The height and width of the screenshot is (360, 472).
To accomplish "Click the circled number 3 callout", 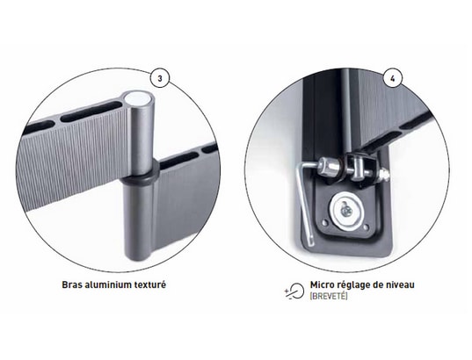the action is (160, 78).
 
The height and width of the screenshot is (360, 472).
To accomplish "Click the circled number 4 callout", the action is (392, 78).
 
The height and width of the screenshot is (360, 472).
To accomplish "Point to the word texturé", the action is (149, 284).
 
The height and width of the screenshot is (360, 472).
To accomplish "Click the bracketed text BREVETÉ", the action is (329, 296).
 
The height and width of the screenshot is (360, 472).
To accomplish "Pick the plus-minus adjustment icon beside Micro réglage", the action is (294, 291).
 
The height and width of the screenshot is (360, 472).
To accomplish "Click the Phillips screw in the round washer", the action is (347, 212).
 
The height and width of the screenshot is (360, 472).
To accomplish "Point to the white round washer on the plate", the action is (347, 212).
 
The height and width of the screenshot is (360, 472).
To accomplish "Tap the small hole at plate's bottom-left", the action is (325, 223).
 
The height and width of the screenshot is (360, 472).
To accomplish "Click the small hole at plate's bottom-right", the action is (367, 227).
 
